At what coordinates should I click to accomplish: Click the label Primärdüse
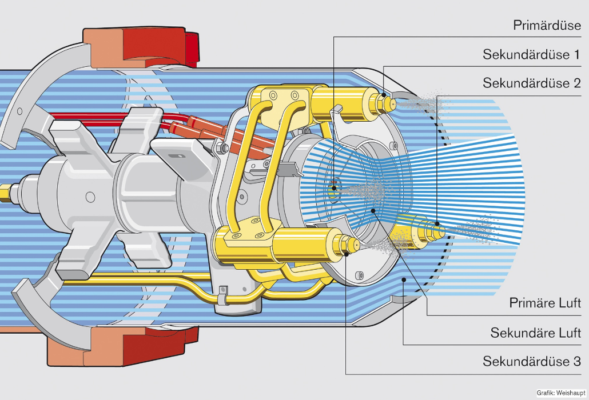[547, 26]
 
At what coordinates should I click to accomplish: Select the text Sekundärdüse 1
[532, 55]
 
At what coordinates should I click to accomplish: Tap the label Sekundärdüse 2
[532, 83]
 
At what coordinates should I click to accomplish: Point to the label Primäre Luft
[545, 303]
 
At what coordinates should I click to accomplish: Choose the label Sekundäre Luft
[535, 333]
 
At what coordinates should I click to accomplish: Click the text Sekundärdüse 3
[532, 362]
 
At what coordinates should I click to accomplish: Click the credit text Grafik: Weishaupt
[560, 393]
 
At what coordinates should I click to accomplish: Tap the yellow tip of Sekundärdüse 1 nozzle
[392, 103]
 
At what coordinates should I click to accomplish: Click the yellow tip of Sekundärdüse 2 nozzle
[439, 230]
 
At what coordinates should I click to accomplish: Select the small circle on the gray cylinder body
[90, 197]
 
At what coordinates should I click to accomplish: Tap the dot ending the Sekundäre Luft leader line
[404, 279]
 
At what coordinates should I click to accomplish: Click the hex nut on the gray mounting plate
[223, 149]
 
